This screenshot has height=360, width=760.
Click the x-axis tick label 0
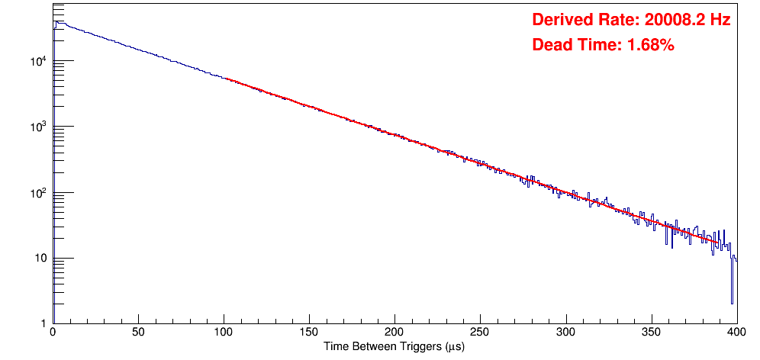click(52, 333)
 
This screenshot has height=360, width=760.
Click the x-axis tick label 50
click(138, 333)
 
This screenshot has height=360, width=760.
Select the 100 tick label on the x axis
click(224, 333)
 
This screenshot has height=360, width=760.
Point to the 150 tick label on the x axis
click(309, 333)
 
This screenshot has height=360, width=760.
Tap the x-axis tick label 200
click(394, 333)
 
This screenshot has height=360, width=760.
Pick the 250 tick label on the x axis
click(480, 333)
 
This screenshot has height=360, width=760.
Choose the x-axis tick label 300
click(565, 333)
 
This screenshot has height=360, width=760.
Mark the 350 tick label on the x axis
click(651, 333)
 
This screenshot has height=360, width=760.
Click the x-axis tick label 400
click(736, 333)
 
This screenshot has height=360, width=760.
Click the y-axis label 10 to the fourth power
click(40, 61)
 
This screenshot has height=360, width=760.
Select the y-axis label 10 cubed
click(40, 127)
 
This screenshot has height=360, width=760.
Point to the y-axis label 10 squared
click(40, 192)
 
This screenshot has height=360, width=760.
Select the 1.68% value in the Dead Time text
click(650, 46)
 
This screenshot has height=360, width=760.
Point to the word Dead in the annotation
click(550, 46)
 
